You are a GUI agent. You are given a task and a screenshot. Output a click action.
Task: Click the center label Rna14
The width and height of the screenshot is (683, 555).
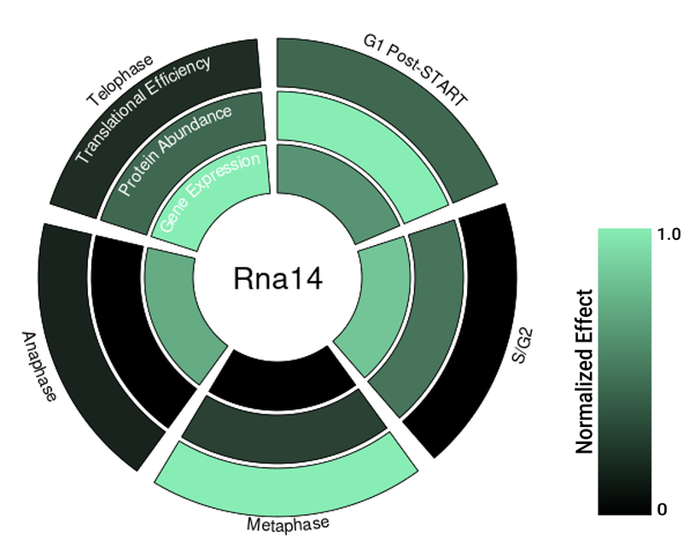277,279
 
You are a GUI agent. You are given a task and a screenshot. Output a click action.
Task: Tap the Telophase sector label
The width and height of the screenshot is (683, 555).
120,81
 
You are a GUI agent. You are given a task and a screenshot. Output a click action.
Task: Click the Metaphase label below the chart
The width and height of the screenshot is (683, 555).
288,523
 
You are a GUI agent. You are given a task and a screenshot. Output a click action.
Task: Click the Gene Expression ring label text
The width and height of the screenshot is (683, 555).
210,195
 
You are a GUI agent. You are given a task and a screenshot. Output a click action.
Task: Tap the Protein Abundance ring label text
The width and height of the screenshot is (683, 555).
174,151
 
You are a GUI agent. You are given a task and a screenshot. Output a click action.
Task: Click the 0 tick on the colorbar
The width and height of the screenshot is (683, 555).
662,510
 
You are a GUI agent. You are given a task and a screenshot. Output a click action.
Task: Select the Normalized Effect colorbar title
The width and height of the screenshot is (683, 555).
585,371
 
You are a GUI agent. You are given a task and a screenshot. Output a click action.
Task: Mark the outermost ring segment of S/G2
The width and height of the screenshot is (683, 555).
478,342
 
